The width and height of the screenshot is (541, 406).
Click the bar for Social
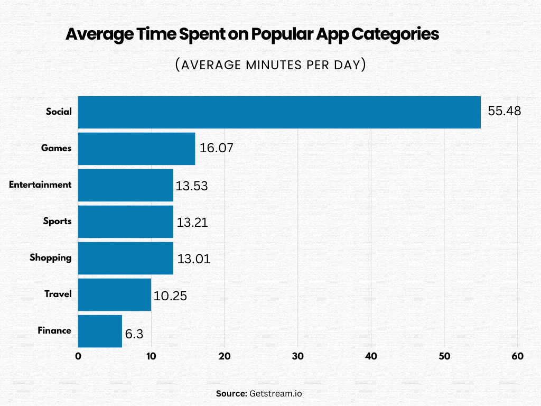279,112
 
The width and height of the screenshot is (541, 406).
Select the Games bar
136,149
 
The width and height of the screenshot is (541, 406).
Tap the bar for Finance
100,331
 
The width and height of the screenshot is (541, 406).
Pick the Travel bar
115,294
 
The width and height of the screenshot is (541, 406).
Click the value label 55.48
504,112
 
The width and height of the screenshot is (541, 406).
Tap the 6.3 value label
134,335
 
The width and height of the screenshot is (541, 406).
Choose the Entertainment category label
40,184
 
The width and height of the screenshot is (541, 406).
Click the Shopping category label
50,257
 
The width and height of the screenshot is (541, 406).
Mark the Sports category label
57,221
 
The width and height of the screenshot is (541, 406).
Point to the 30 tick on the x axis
298,356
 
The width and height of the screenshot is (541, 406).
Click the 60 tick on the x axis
518,356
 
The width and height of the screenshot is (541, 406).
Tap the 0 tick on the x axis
78,356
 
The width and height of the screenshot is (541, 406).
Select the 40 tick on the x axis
371,356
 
